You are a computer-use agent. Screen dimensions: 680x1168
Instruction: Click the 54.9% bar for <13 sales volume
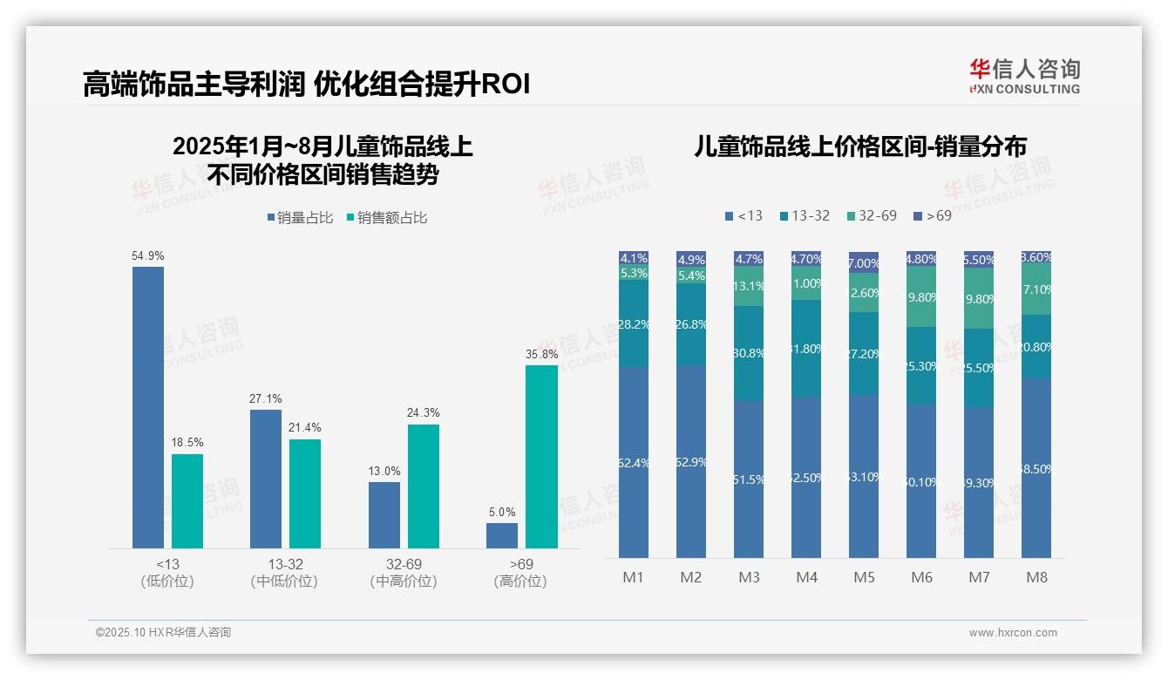(x=148, y=407)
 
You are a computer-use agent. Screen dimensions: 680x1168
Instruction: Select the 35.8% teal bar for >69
(x=541, y=456)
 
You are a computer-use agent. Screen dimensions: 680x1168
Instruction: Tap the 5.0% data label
(x=502, y=512)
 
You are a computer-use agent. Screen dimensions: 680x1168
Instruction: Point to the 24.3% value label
(x=424, y=412)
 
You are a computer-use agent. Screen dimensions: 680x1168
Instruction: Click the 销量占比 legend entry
(x=300, y=218)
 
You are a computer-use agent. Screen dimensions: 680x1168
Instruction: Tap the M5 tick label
(x=864, y=577)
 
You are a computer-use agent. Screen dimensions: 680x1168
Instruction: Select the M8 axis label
(x=1036, y=577)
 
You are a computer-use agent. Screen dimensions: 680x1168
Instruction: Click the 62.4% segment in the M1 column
(x=634, y=462)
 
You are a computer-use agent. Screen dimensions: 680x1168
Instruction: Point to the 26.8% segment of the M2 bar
(x=691, y=324)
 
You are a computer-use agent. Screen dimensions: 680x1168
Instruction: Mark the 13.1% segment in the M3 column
(x=749, y=286)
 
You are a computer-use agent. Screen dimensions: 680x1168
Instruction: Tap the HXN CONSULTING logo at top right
(x=1024, y=76)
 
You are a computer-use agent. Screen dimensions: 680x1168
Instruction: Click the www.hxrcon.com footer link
(x=1013, y=633)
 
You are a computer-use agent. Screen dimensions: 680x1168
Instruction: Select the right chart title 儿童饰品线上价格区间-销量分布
(x=859, y=146)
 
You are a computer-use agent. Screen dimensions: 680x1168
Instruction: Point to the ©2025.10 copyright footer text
(x=163, y=632)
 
